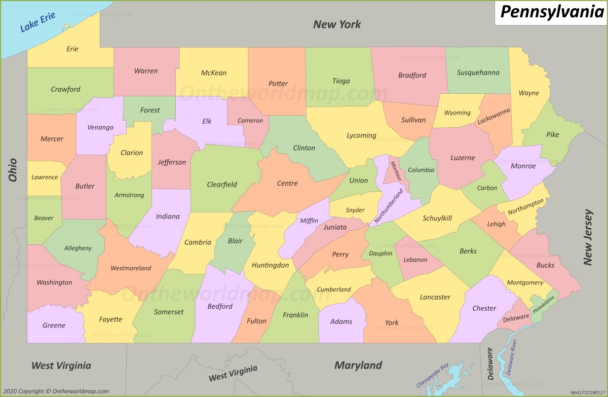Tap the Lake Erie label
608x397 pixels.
click(37, 23)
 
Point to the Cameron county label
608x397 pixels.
click(250, 120)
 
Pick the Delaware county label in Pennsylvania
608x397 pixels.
click(516, 317)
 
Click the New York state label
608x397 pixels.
click(337, 24)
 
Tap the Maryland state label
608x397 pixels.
click(358, 365)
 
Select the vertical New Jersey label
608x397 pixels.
click(588, 237)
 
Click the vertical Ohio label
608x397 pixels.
click(13, 170)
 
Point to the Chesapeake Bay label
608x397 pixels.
click(434, 376)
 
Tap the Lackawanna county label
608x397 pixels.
click(493, 117)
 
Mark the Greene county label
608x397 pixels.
click(54, 325)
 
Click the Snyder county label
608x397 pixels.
click(355, 210)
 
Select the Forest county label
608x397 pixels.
click(150, 110)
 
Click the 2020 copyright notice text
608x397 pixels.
click(56, 391)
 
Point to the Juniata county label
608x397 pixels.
click(335, 227)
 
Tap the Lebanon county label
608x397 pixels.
click(415, 260)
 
